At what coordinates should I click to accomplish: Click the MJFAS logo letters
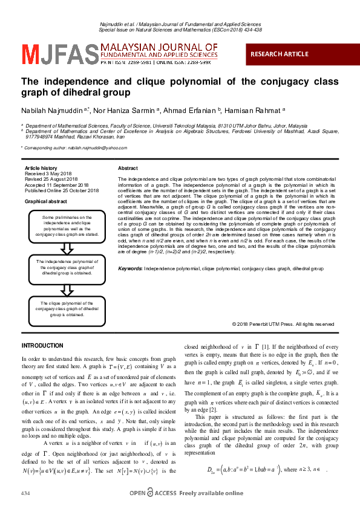(x=59, y=54)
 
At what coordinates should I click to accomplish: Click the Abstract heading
(x=128, y=168)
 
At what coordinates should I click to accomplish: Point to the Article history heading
(x=41, y=168)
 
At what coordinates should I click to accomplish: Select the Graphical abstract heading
(x=46, y=201)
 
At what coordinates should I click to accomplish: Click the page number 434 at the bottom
(x=25, y=494)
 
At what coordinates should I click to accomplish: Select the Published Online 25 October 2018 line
(x=62, y=190)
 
